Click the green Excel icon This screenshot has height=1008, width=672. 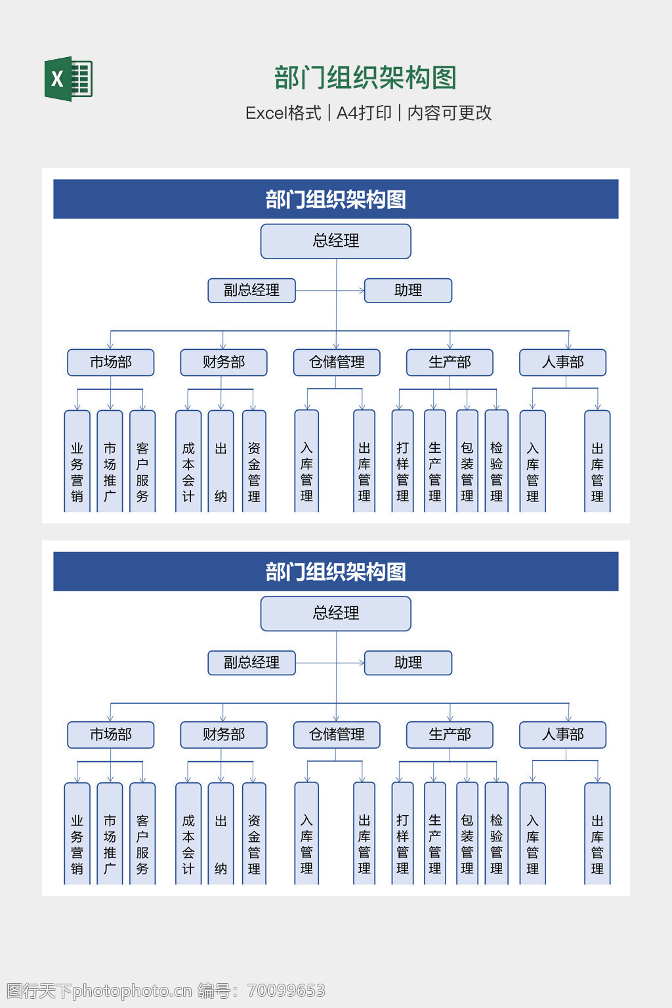(x=68, y=79)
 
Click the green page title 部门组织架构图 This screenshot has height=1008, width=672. (x=365, y=78)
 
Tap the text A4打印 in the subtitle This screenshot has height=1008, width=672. (x=364, y=113)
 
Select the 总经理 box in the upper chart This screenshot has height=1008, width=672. (x=336, y=241)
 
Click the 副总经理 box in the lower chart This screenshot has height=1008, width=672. (x=251, y=663)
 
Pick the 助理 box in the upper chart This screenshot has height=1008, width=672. (x=408, y=290)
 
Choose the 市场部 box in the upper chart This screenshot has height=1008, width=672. (x=111, y=362)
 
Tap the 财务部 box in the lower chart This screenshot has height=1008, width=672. (x=224, y=734)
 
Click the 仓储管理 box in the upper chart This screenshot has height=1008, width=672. (x=337, y=362)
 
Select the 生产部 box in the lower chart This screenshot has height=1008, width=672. (x=450, y=734)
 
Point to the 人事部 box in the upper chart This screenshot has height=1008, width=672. (x=562, y=362)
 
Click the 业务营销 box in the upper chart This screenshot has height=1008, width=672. (x=77, y=463)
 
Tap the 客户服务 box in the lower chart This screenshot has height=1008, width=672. (x=142, y=835)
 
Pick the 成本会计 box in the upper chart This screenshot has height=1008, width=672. (x=188, y=463)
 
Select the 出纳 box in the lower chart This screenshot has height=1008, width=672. (x=221, y=835)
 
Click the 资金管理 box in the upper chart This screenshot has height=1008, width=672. (x=254, y=463)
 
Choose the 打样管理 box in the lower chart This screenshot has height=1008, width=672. (x=402, y=835)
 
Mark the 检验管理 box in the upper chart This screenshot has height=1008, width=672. (x=497, y=463)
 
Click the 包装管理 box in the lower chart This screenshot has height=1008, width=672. (x=467, y=835)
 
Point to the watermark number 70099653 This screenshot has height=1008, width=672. (x=286, y=990)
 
